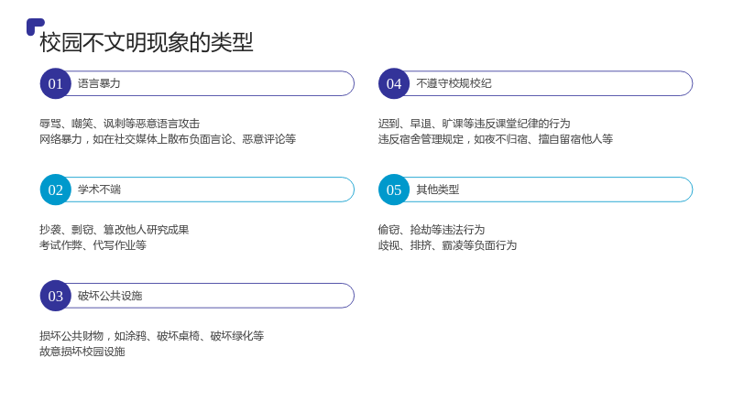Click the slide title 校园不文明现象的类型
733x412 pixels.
click(147, 42)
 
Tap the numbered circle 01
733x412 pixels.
click(56, 83)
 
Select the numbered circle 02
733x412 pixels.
click(56, 190)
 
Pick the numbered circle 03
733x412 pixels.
click(56, 296)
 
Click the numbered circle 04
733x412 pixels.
click(394, 83)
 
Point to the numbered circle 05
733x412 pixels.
click(394, 190)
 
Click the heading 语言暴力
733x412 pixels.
click(99, 83)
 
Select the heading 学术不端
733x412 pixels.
click(99, 190)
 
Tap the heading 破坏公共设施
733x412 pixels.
click(110, 296)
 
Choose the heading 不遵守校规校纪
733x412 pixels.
click(454, 83)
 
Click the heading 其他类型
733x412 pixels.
click(438, 190)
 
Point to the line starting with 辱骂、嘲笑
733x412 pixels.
click(120, 124)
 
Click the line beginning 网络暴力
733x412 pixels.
click(168, 139)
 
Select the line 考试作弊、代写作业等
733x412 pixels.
click(93, 245)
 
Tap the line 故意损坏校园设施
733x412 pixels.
click(82, 352)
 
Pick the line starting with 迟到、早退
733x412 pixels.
click(474, 124)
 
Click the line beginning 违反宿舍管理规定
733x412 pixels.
click(496, 139)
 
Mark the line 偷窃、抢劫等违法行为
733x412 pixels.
click(432, 230)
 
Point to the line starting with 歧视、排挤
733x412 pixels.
click(447, 245)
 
